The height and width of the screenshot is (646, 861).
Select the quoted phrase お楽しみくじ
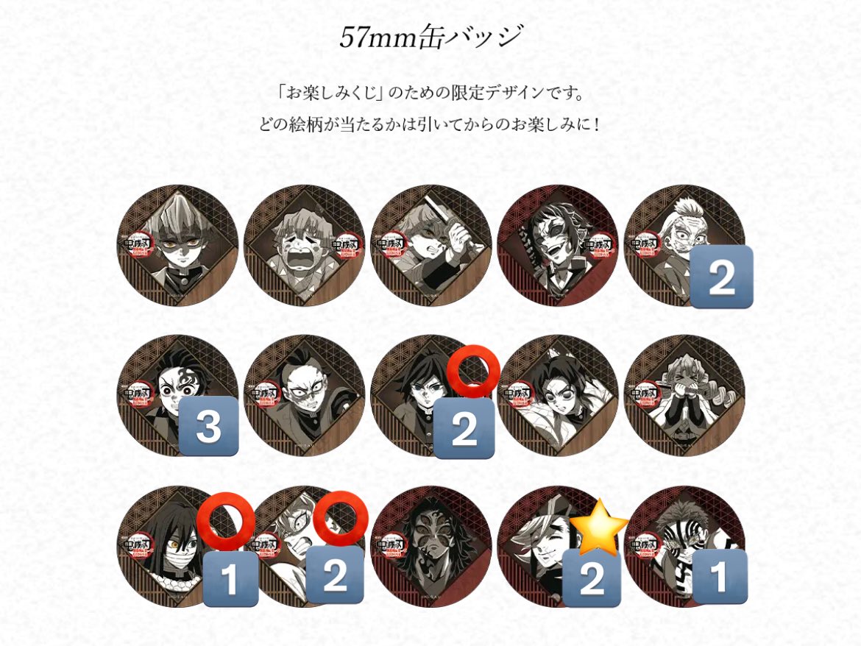pos(328,94)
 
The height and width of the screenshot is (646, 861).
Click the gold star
pos(598,526)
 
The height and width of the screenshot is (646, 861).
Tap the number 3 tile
pos(208,426)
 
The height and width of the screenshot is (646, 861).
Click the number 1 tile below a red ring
pos(230,579)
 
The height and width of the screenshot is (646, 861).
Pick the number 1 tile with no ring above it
pos(718,578)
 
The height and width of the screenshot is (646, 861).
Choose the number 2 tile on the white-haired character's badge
pos(721,277)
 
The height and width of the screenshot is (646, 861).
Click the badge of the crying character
pos(303,245)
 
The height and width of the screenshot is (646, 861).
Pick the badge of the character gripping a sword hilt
pos(431,245)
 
